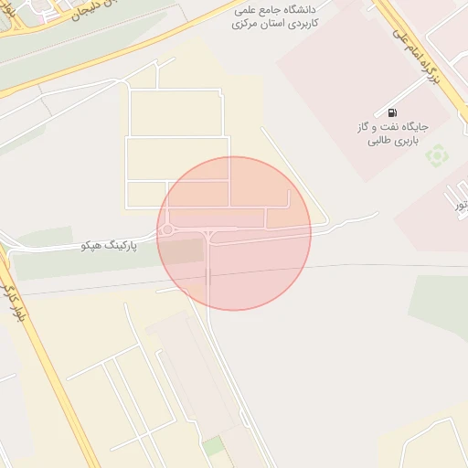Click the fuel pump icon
point(392,111)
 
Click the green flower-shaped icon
point(437,155)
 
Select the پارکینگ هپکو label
point(109,247)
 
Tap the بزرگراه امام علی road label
point(422,55)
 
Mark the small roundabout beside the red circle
point(167,230)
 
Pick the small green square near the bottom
point(213,446)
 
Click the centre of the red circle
point(234,233)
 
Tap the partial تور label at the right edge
point(461,206)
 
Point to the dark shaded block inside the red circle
point(184,251)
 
